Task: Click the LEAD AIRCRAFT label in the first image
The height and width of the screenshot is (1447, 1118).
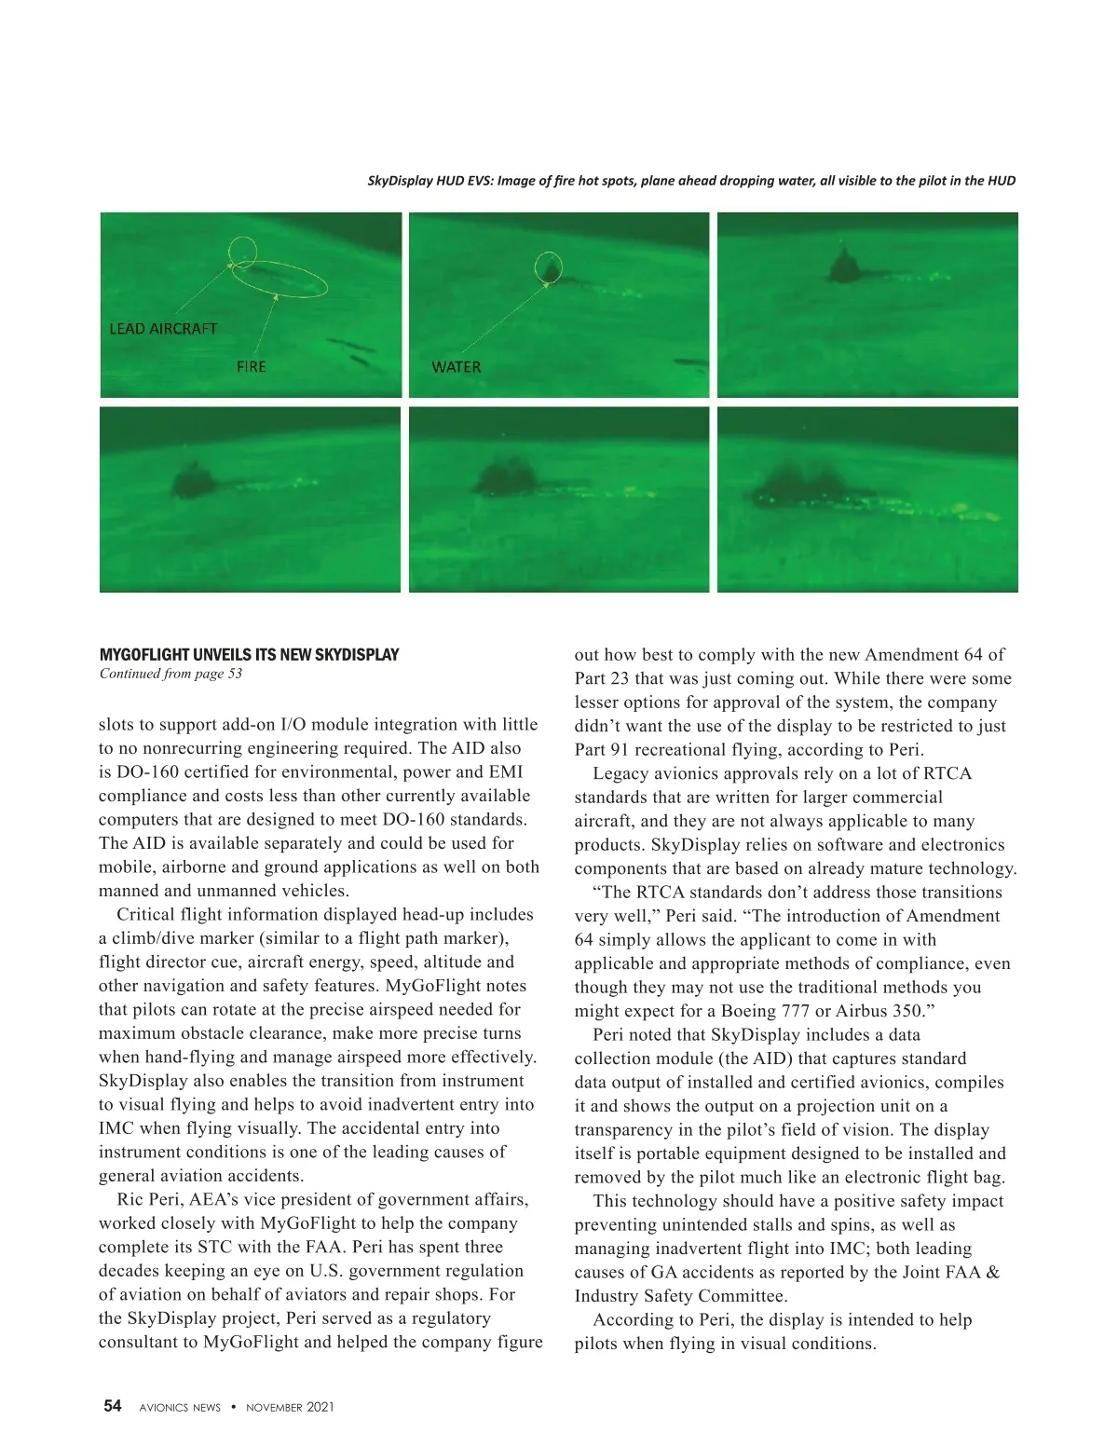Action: pos(163,329)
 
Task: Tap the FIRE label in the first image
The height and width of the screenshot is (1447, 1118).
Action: pos(251,367)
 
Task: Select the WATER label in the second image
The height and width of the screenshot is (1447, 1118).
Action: pos(456,367)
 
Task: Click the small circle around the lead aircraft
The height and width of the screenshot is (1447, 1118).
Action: pos(242,251)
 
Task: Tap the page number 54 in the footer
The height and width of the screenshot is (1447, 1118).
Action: pos(112,1406)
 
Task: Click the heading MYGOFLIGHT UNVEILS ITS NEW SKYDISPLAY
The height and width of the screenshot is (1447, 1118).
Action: pos(249,655)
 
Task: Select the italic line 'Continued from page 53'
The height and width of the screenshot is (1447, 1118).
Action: pos(170,674)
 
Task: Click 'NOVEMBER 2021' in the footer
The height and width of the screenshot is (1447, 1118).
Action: pos(290,1407)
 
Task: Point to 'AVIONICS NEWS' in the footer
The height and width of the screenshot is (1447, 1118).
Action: pos(180,1407)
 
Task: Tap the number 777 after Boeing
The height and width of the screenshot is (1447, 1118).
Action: pos(797,1011)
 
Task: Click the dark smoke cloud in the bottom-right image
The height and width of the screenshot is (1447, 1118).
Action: pos(801,485)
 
